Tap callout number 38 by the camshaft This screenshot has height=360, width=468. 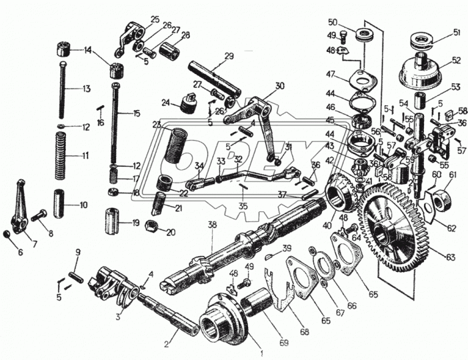tap(213, 225)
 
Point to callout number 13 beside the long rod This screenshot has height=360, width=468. tap(86, 89)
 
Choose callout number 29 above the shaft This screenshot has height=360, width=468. tap(229, 56)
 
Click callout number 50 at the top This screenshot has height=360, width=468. tap(333, 22)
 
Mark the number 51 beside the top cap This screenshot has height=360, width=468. tap(457, 32)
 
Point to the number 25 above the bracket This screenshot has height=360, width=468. tap(155, 19)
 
